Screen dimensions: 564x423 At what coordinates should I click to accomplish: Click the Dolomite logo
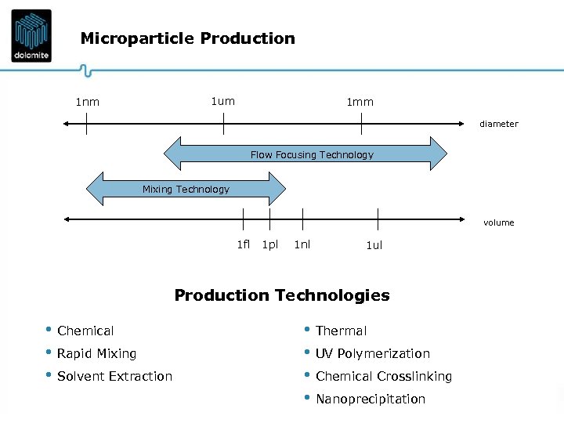pyautogui.click(x=31, y=35)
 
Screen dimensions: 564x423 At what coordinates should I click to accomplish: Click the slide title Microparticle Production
pyautogui.click(x=188, y=38)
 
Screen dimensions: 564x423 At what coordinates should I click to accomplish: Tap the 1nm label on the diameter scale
pyautogui.click(x=87, y=102)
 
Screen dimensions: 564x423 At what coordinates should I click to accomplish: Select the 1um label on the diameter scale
pyautogui.click(x=222, y=101)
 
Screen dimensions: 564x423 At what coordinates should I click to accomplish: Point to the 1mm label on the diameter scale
pyautogui.click(x=360, y=102)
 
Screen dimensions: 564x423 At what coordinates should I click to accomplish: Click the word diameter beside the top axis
pyautogui.click(x=499, y=124)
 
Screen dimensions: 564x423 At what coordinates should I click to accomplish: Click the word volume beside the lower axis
pyautogui.click(x=499, y=222)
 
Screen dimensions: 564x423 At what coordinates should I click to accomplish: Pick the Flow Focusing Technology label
pyautogui.click(x=312, y=154)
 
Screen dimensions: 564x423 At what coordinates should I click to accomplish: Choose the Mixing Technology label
pyautogui.click(x=186, y=189)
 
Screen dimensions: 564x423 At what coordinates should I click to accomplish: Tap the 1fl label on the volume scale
pyautogui.click(x=243, y=244)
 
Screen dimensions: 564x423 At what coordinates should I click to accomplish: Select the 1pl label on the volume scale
pyautogui.click(x=270, y=244)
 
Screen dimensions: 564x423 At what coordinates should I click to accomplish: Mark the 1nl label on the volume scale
pyautogui.click(x=302, y=244)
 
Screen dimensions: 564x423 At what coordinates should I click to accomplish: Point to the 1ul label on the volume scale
pyautogui.click(x=374, y=245)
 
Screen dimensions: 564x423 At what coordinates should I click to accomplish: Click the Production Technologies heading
pyautogui.click(x=282, y=295)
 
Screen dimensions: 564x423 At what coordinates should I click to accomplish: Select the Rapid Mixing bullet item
pyautogui.click(x=96, y=353)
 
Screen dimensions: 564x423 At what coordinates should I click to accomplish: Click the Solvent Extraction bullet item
pyautogui.click(x=114, y=376)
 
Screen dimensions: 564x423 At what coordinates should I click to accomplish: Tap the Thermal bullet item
pyautogui.click(x=341, y=331)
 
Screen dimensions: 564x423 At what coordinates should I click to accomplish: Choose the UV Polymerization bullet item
pyautogui.click(x=373, y=353)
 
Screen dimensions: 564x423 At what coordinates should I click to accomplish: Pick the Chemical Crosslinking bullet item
pyautogui.click(x=384, y=376)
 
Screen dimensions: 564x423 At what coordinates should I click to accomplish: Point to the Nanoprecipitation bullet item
pyautogui.click(x=371, y=399)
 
